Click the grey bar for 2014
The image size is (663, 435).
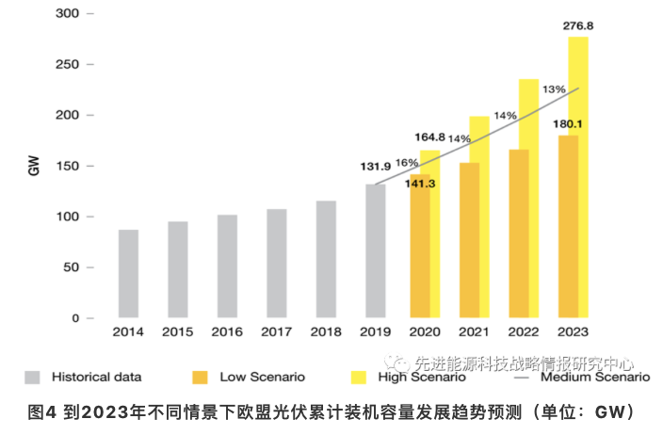tap(128, 273)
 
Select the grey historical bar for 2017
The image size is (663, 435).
tap(277, 263)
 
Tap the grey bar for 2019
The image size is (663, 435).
tap(376, 250)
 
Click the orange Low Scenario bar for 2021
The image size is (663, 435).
tap(469, 240)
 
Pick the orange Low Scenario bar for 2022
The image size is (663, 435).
tap(519, 234)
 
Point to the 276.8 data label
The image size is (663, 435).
tap(578, 26)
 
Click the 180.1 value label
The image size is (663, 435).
tap(568, 124)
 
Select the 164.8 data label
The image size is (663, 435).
tap(429, 137)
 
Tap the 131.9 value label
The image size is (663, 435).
tap(376, 167)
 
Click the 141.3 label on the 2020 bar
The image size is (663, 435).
tap(420, 184)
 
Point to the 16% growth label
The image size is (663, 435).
tap(407, 163)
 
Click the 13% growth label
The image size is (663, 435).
tap(554, 89)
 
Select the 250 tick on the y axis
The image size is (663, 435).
tap(67, 64)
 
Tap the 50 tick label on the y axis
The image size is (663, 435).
tap(71, 267)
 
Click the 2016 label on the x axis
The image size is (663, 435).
tap(227, 331)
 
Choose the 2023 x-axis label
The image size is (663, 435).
tap(573, 331)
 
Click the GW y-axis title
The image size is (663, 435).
tap(34, 166)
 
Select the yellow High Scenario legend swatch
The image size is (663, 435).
tap(359, 378)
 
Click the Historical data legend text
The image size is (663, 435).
tap(97, 377)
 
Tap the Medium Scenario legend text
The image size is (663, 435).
tap(595, 377)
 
